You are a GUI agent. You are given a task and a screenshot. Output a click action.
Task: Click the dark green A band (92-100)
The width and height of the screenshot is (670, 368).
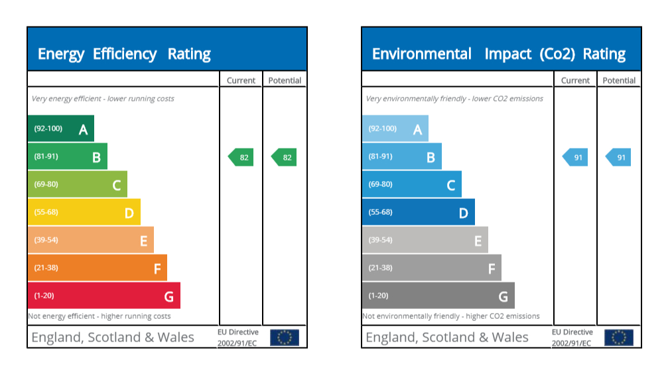pyautogui.click(x=60, y=129)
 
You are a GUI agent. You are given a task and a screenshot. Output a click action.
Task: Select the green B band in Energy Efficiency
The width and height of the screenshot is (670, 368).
pyautogui.click(x=67, y=156)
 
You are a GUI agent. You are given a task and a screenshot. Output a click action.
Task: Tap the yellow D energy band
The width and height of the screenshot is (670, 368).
pyautogui.click(x=84, y=212)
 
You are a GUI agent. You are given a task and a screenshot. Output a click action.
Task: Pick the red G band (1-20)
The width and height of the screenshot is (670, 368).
pyautogui.click(x=103, y=296)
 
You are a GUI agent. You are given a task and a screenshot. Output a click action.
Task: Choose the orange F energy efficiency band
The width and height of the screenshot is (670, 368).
pyautogui.click(x=97, y=268)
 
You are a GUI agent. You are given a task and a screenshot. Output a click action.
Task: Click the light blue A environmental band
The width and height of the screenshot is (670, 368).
pyautogui.click(x=395, y=129)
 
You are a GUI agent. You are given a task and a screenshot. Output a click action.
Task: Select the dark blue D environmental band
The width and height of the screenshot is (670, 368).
pyautogui.click(x=418, y=212)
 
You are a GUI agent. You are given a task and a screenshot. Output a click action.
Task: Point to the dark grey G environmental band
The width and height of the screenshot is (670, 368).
pyautogui.click(x=438, y=296)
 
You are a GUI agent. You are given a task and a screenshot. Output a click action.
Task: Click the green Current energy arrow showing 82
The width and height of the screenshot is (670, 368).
pyautogui.click(x=241, y=157)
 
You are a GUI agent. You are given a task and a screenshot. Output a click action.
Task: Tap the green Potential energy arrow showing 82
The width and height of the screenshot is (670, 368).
pyautogui.click(x=285, y=157)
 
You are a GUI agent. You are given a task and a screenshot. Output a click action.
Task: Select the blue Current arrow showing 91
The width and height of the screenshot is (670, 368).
pyautogui.click(x=576, y=157)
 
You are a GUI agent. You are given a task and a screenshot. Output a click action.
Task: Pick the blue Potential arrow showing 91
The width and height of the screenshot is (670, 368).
pyautogui.click(x=619, y=157)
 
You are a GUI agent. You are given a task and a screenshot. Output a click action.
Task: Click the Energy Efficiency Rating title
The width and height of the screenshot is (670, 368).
pyautogui.click(x=124, y=54)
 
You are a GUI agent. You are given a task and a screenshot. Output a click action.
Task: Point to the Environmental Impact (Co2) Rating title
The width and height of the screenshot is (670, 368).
pyautogui.click(x=499, y=54)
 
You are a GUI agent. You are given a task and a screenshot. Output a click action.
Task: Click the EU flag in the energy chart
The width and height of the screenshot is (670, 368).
pyautogui.click(x=285, y=337)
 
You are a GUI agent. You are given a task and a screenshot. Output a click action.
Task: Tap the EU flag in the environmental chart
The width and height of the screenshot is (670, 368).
pyautogui.click(x=619, y=337)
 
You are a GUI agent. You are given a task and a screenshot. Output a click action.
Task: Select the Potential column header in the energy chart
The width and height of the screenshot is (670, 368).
pyautogui.click(x=285, y=80)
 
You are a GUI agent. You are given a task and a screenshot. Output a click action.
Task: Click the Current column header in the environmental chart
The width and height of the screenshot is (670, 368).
pyautogui.click(x=575, y=80)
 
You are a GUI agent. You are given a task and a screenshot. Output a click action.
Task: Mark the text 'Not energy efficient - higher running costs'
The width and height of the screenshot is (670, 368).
pyautogui.click(x=100, y=316)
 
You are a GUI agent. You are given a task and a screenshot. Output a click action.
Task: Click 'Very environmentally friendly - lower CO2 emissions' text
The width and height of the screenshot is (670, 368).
pyautogui.click(x=454, y=99)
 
